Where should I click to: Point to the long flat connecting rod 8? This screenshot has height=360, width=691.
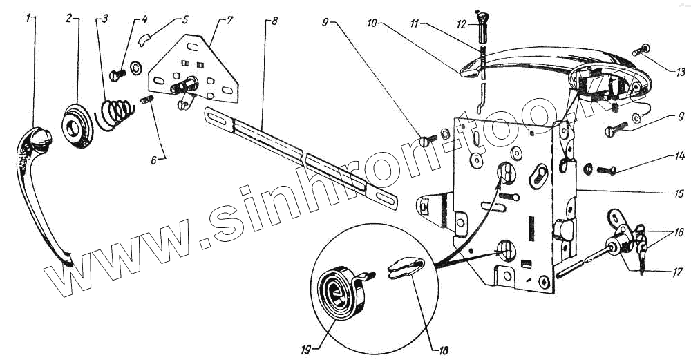(x=304, y=159)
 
